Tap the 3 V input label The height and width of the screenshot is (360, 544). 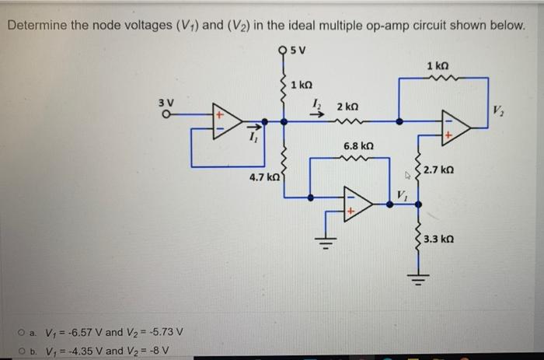point(166,102)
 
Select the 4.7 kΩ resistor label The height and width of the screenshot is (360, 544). point(264,178)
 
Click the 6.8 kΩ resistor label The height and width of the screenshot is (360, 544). point(358,146)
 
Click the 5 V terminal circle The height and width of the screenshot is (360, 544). point(281,53)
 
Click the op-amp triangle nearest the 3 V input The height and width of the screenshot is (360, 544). point(230,122)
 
